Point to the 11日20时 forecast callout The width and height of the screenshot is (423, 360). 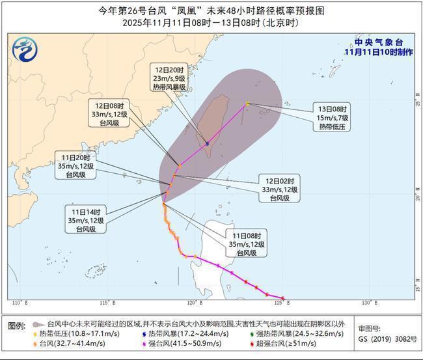coord(78,166)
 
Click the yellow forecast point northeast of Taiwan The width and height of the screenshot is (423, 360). coord(247,104)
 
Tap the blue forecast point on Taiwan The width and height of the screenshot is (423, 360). coord(208,143)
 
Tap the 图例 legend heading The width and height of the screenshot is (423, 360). coord(17,325)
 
